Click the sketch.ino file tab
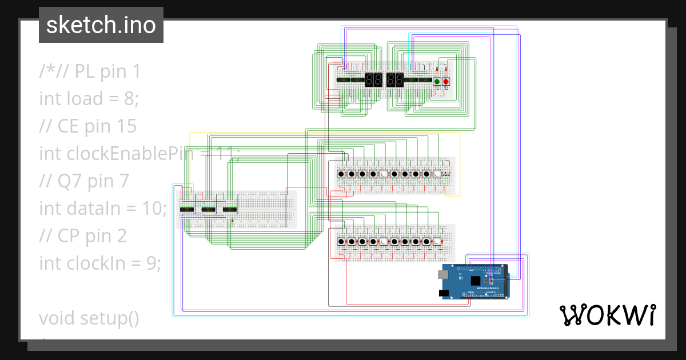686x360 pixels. point(101,25)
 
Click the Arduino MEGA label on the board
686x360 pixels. point(486,287)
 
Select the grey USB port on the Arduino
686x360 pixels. point(444,274)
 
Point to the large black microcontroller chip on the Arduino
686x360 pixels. point(476,280)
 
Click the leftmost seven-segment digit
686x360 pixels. point(369,80)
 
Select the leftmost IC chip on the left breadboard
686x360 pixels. point(187,210)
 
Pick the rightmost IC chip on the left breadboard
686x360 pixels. point(229,210)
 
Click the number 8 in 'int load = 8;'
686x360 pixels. point(129,99)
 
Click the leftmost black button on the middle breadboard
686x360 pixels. point(341,174)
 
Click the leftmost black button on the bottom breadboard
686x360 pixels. point(341,242)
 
